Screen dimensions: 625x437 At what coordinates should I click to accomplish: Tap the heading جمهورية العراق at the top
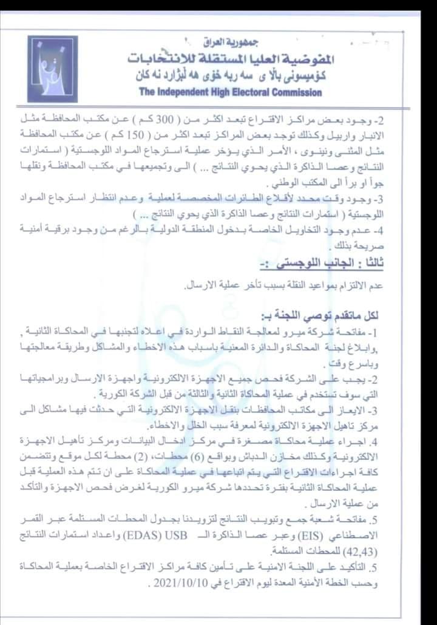click(220, 43)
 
